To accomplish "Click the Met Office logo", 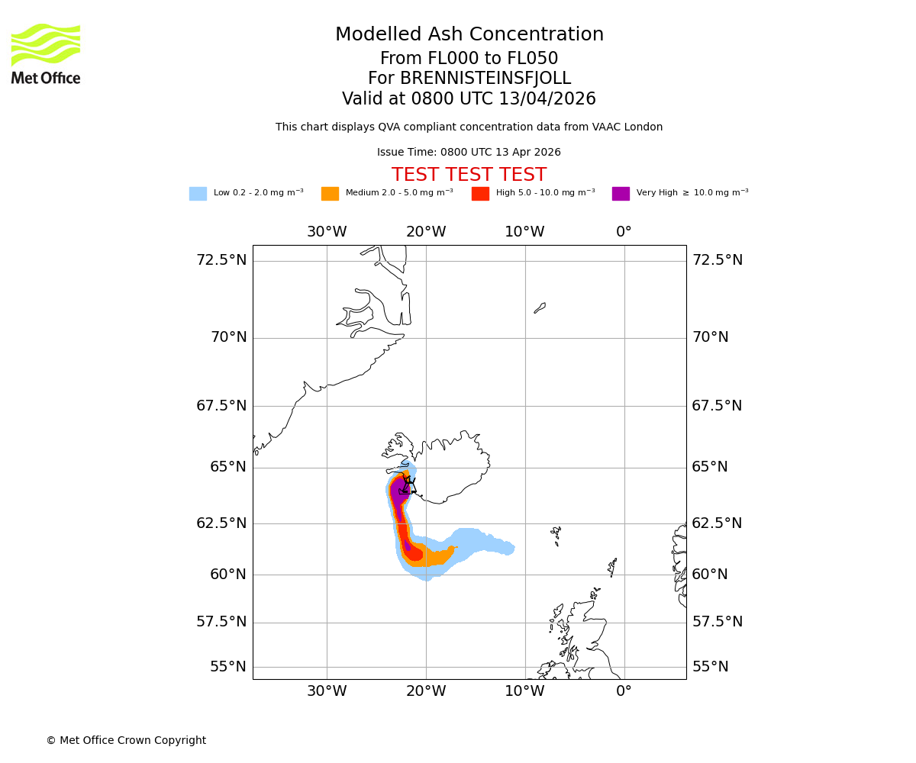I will [x=46, y=54].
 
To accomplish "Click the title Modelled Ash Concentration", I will [x=469, y=35].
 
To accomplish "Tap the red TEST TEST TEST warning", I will [x=469, y=175].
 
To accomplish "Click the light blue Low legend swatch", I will [x=198, y=194].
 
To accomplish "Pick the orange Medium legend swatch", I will [x=330, y=194].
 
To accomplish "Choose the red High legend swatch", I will [x=480, y=194].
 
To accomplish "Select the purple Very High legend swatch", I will [x=621, y=194].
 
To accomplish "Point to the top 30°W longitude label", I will [x=327, y=232].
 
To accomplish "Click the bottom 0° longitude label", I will [x=624, y=691].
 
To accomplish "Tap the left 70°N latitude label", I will [x=228, y=337].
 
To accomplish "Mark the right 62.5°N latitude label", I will [x=717, y=523].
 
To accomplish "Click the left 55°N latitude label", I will [x=228, y=667].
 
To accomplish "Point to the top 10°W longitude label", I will [x=524, y=232].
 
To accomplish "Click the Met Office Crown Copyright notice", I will [x=126, y=741].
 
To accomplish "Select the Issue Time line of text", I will [x=469, y=153].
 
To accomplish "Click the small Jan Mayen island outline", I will [x=540, y=308].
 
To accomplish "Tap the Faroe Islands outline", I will [x=556, y=535].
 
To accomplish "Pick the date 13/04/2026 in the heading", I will [x=547, y=99].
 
